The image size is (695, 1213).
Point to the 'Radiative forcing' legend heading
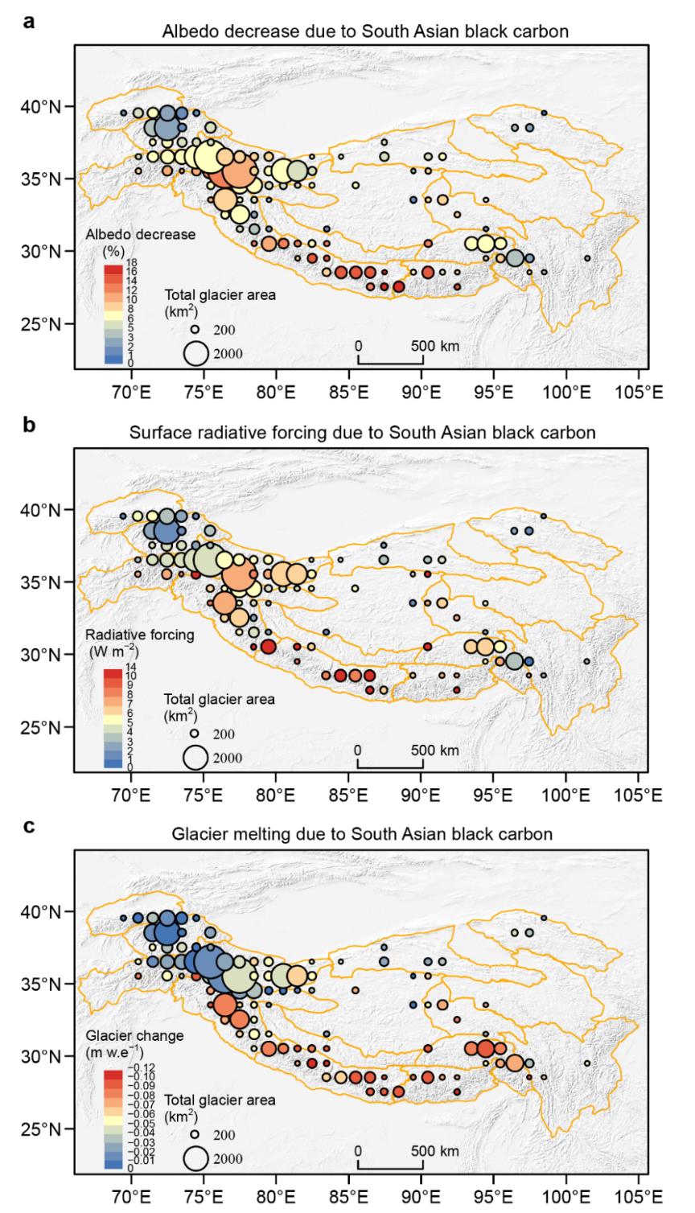pos(131,635)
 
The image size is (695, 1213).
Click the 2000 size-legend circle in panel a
pos(195,352)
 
